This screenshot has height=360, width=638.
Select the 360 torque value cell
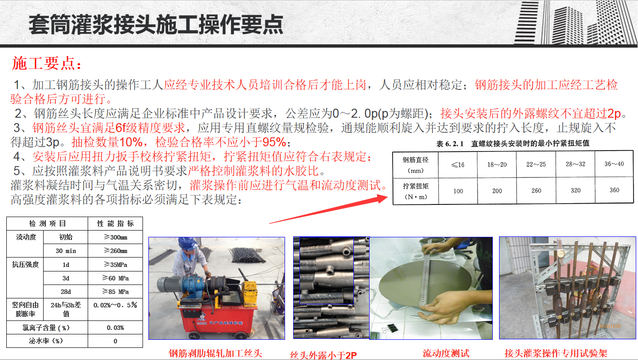(x=614, y=190)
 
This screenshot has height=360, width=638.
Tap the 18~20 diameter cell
(x=497, y=164)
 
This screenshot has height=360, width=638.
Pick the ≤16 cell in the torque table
(x=458, y=164)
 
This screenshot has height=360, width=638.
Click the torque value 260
(x=536, y=191)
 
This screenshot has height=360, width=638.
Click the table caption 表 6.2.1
(x=450, y=143)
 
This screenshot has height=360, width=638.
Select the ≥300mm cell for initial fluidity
(x=116, y=237)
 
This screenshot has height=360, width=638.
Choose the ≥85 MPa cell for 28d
(x=116, y=292)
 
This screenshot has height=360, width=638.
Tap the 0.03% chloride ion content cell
(x=116, y=328)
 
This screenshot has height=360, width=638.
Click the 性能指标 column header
(x=116, y=223)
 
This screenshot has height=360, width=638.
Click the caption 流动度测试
(x=446, y=353)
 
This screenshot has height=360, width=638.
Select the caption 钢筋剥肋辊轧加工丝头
(x=215, y=353)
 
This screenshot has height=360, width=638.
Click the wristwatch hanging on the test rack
(x=560, y=252)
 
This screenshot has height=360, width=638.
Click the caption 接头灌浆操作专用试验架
(x=556, y=353)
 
